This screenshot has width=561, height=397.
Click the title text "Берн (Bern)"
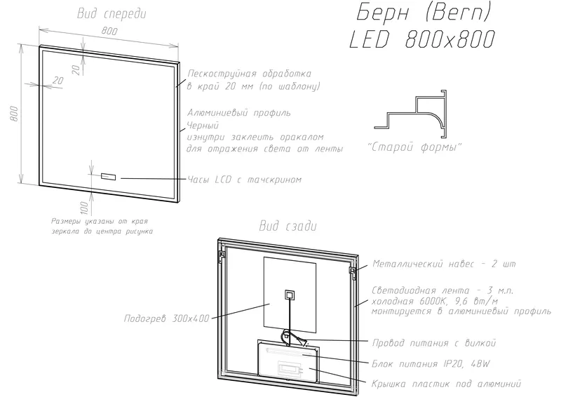tap(424, 13)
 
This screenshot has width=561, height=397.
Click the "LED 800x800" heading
tap(423, 39)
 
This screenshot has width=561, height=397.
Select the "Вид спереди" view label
tap(111, 13)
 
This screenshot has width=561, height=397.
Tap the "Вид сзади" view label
tap(288, 227)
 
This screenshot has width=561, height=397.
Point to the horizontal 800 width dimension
tap(109, 31)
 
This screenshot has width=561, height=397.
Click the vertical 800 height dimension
tap(14, 114)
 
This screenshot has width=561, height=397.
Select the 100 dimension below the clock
tap(84, 208)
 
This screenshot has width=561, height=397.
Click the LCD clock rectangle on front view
tap(109, 177)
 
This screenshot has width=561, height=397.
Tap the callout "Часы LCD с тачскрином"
tap(244, 180)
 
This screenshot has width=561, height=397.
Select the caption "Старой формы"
tap(415, 147)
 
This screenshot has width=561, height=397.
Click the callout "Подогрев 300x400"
tap(166, 318)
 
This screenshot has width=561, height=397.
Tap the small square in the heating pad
tap(289, 295)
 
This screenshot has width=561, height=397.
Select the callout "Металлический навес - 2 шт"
tap(444, 264)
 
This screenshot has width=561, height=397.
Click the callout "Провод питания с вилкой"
tap(434, 343)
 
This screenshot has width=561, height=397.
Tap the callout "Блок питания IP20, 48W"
tap(431, 364)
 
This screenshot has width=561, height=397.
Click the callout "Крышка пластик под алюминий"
tap(446, 384)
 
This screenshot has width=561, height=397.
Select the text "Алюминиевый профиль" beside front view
tap(239, 113)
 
